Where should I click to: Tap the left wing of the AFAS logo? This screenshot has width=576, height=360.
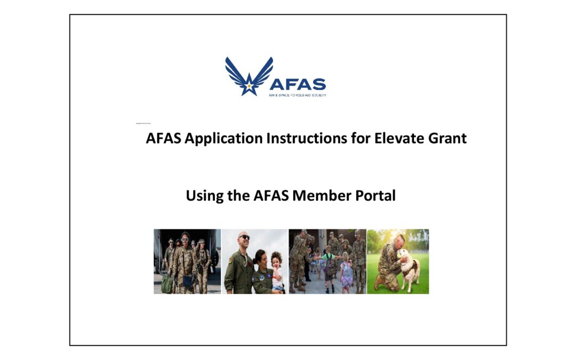235,73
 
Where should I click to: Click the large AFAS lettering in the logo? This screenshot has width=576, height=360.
297,84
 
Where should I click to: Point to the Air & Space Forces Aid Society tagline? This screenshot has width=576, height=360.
297,95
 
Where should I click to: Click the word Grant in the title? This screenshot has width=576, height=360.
447,138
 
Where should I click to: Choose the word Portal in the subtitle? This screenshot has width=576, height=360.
375,195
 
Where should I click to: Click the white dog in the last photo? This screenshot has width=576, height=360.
410,269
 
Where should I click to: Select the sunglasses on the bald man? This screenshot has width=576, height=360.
244,237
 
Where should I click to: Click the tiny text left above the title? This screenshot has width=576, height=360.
144,123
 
